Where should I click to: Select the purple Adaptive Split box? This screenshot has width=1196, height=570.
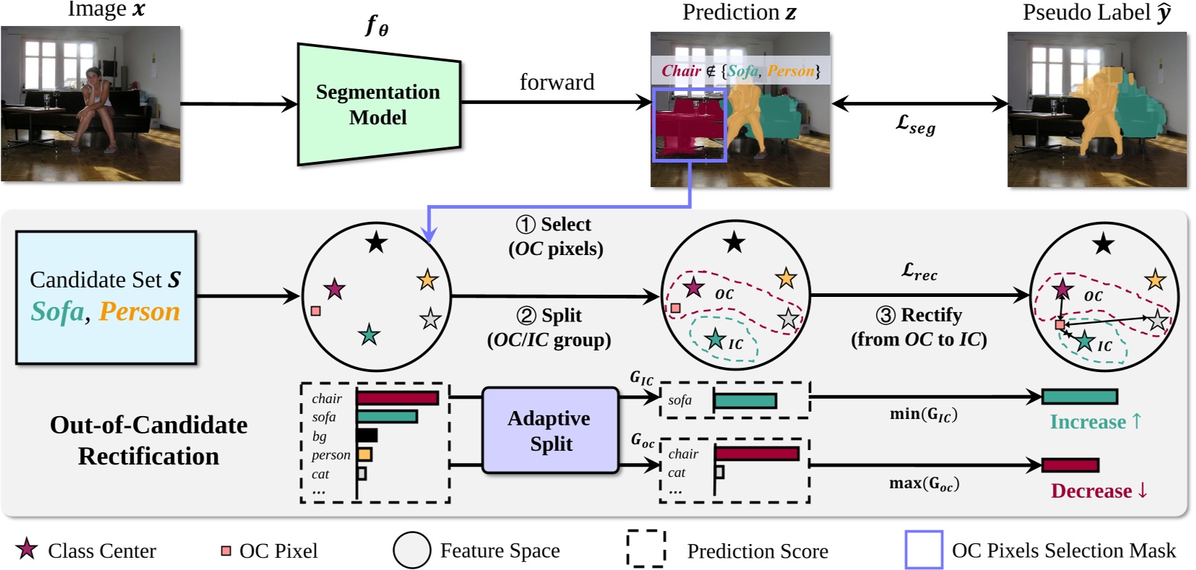[550, 431]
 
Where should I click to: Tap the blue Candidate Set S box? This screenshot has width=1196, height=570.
[106, 297]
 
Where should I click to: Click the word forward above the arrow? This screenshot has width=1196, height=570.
[556, 82]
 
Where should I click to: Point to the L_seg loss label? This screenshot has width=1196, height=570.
[915, 124]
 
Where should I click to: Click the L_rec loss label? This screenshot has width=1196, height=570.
[919, 272]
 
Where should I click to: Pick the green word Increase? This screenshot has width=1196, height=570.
[1088, 422]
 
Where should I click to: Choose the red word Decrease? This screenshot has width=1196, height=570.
[1091, 491]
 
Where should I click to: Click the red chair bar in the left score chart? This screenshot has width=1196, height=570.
[397, 398]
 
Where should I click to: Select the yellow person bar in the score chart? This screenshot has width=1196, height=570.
[364, 454]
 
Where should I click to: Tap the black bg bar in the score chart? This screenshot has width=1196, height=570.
[367, 435]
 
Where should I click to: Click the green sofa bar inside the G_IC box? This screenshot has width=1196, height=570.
[745, 400]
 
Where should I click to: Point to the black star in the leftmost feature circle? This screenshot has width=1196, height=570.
[376, 243]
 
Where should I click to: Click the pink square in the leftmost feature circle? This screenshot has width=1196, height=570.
[316, 311]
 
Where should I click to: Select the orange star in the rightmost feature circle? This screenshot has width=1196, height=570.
[1156, 280]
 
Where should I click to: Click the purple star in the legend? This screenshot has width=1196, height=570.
[27, 550]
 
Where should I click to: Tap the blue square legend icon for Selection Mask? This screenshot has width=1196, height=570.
[924, 550]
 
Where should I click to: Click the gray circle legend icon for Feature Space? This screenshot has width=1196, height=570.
[412, 550]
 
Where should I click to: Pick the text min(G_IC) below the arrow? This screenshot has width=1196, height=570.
[923, 415]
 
